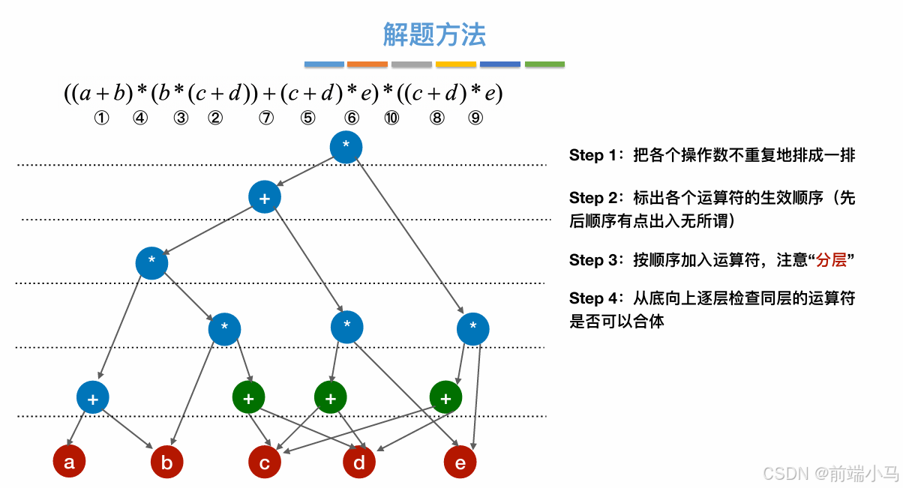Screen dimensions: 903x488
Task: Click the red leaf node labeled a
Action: coord(69,462)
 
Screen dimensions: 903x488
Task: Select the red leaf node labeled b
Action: coord(166,463)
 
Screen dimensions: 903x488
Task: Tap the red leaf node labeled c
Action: coord(265,463)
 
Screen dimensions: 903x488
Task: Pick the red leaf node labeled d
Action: coord(359,463)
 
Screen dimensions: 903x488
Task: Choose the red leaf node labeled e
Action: coord(460,463)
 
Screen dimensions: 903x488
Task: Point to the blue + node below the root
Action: coord(264,198)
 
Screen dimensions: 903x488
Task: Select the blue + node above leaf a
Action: coord(92,398)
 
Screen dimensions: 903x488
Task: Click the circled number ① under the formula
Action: coord(102,118)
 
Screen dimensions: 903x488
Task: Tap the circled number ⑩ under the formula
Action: coord(391,118)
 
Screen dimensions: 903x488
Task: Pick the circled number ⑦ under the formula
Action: coord(266,118)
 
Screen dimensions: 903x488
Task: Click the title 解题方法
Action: coord(434,34)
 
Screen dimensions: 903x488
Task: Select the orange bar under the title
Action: coord(367,64)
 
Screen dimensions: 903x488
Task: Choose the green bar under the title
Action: coord(544,64)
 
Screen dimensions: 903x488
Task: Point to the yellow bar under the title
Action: coord(456,64)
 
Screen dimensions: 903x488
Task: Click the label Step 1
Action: coord(596,156)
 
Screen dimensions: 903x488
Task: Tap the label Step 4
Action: coord(596,299)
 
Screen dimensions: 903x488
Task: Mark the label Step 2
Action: coord(596,199)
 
